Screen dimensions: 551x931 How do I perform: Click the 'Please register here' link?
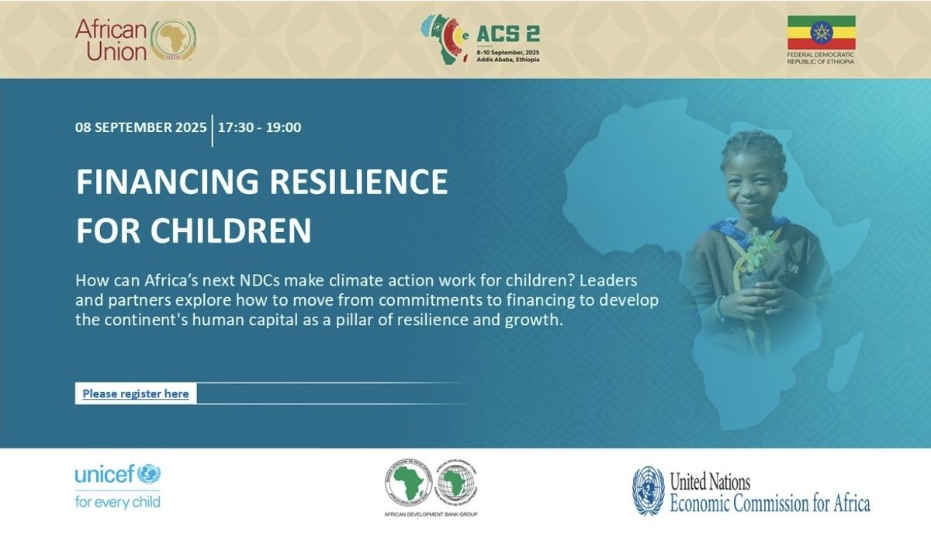point(136,393)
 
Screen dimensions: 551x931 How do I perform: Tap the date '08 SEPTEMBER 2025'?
point(141,127)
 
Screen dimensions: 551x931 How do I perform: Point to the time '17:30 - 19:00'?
point(260,127)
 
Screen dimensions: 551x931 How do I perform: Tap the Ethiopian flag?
point(821,33)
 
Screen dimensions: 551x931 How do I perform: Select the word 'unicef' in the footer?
point(106,473)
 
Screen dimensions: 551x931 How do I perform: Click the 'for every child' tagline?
point(118,501)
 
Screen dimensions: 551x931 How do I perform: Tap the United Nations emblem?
point(648,491)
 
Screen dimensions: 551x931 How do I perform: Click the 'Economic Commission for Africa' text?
point(770,503)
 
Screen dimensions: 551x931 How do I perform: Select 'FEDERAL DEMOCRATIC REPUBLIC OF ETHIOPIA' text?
point(821,58)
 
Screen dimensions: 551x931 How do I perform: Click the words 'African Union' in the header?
point(111,40)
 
